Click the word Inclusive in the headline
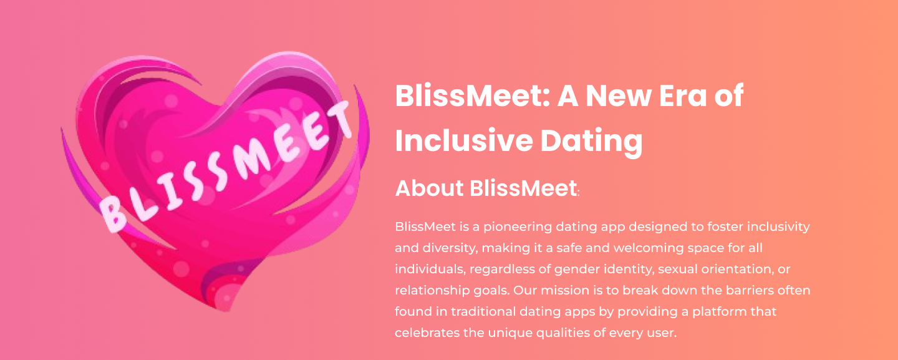pyautogui.click(x=464, y=140)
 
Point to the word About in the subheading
pyautogui.click(x=429, y=188)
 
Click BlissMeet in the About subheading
pyautogui.click(x=523, y=188)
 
